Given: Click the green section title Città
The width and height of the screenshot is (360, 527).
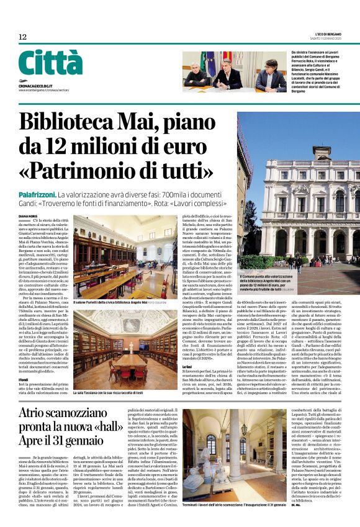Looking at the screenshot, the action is coord(50,63).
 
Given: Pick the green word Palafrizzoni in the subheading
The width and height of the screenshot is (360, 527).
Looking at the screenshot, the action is coord(37,196).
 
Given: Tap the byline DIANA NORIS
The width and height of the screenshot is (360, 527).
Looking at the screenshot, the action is coord(28,216).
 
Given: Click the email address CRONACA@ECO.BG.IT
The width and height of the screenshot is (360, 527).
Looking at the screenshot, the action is coord(35,86).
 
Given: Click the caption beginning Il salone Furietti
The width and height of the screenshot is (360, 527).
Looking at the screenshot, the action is coord(112,302).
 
